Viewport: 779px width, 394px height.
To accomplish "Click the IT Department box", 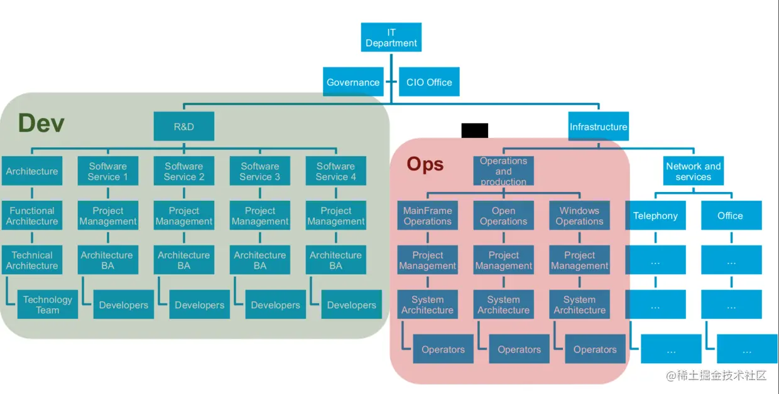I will tap(391, 38).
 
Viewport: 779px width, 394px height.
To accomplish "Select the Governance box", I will tap(353, 82).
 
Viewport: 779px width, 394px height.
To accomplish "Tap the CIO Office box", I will tap(429, 82).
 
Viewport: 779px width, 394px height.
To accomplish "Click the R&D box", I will tap(184, 127).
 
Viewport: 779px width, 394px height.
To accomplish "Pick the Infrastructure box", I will tap(598, 127).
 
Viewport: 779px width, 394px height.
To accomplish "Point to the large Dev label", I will tap(41, 123).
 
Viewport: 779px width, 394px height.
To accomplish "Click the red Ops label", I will tap(425, 164).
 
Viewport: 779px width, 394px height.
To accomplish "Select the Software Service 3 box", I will tap(260, 171).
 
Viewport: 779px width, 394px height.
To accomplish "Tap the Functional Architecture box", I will tap(32, 216).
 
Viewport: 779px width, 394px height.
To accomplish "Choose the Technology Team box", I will tap(48, 304).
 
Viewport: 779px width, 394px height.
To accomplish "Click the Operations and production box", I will tap(503, 171).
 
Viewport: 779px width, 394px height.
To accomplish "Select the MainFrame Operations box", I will tap(428, 216).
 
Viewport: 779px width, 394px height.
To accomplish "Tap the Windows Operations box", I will tap(579, 216).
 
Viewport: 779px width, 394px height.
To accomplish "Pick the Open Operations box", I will tap(503, 216).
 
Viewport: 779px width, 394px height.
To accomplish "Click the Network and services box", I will tap(694, 171).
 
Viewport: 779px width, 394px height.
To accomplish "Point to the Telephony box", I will tap(655, 216).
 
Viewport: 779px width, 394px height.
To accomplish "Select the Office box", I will tap(731, 216).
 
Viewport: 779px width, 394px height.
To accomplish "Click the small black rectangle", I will tap(475, 130).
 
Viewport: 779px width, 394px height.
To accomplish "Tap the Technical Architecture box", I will tap(32, 260).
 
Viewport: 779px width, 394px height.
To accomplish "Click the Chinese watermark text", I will tap(716, 376).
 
